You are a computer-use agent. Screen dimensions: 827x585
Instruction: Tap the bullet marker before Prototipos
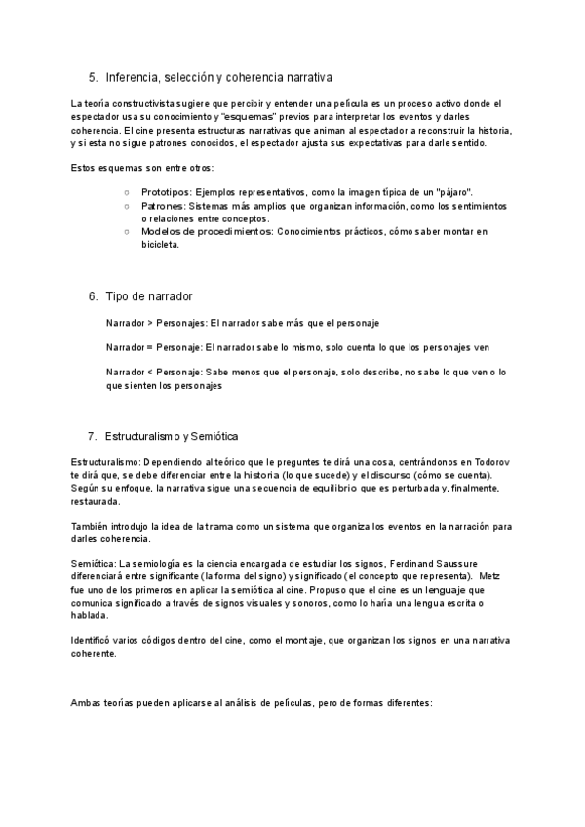click(127, 193)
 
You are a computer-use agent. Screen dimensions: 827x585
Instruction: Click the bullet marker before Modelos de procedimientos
click(127, 232)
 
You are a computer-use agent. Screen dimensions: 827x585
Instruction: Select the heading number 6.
click(93, 295)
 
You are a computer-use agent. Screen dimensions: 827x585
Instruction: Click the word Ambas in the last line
click(88, 703)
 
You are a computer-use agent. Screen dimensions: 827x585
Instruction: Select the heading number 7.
click(93, 435)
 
